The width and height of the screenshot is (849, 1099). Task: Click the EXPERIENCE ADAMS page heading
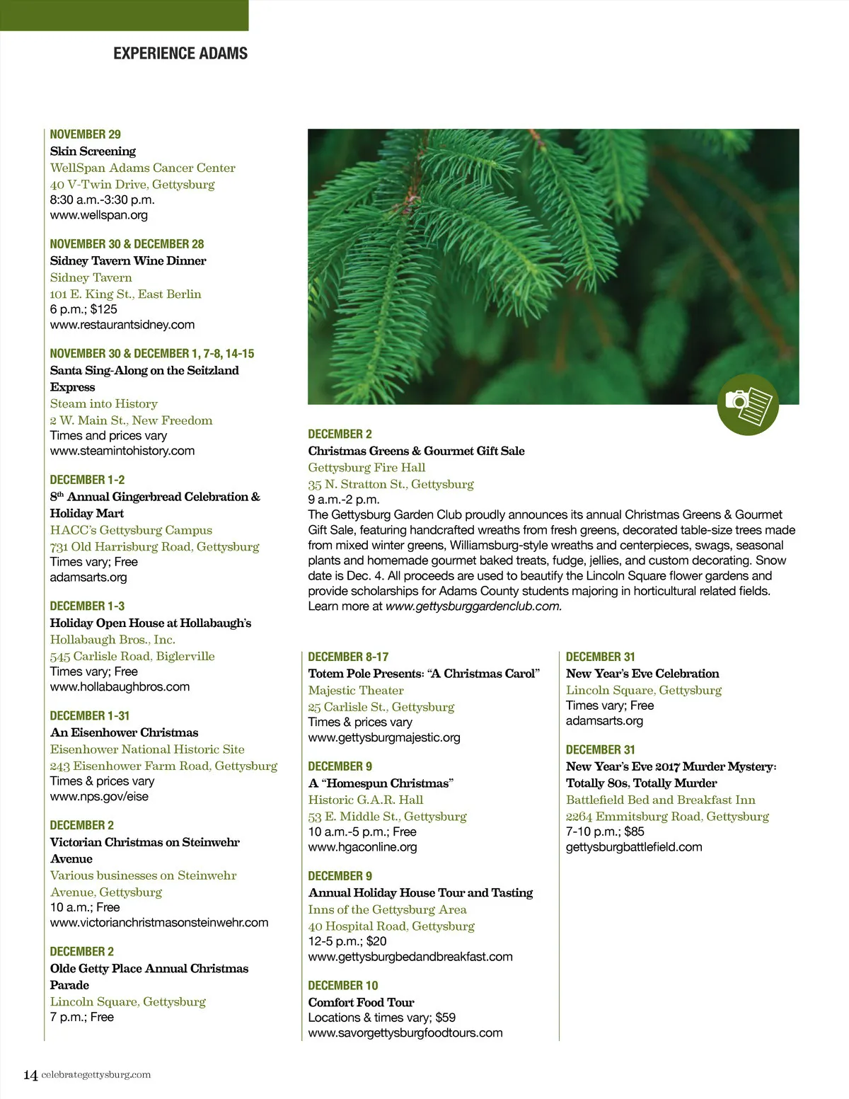pyautogui.click(x=180, y=54)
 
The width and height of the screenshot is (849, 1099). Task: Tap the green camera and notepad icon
pyautogui.click(x=748, y=405)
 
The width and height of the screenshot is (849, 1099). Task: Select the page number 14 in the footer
pyautogui.click(x=30, y=1075)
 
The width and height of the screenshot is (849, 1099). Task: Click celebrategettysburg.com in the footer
pyautogui.click(x=96, y=1075)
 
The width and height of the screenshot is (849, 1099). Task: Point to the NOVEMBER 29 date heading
pyautogui.click(x=86, y=134)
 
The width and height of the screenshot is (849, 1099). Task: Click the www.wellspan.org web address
pyautogui.click(x=99, y=215)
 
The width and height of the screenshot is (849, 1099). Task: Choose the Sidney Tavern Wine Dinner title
pyautogui.click(x=128, y=260)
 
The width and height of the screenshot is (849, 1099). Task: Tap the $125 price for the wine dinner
pyautogui.click(x=104, y=309)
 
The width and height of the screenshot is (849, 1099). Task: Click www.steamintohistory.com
pyautogui.click(x=122, y=451)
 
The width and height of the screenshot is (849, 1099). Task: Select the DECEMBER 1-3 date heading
pyautogui.click(x=87, y=606)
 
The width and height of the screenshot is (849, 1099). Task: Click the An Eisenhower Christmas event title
pyautogui.click(x=124, y=732)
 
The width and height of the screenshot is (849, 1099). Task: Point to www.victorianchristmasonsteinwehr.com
pyautogui.click(x=159, y=923)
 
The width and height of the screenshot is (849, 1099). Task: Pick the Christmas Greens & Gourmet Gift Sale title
pyautogui.click(x=416, y=451)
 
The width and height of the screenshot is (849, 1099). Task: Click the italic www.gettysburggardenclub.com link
pyautogui.click(x=473, y=606)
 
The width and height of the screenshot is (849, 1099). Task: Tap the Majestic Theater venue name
pyautogui.click(x=356, y=690)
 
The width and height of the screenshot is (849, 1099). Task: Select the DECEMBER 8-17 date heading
pyautogui.click(x=348, y=657)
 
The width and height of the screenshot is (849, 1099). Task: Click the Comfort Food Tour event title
pyautogui.click(x=361, y=1002)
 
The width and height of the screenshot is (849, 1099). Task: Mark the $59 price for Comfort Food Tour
pyautogui.click(x=446, y=1018)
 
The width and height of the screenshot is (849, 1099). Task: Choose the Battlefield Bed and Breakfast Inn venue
pyautogui.click(x=660, y=800)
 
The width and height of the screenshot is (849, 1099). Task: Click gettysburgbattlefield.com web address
pyautogui.click(x=634, y=847)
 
